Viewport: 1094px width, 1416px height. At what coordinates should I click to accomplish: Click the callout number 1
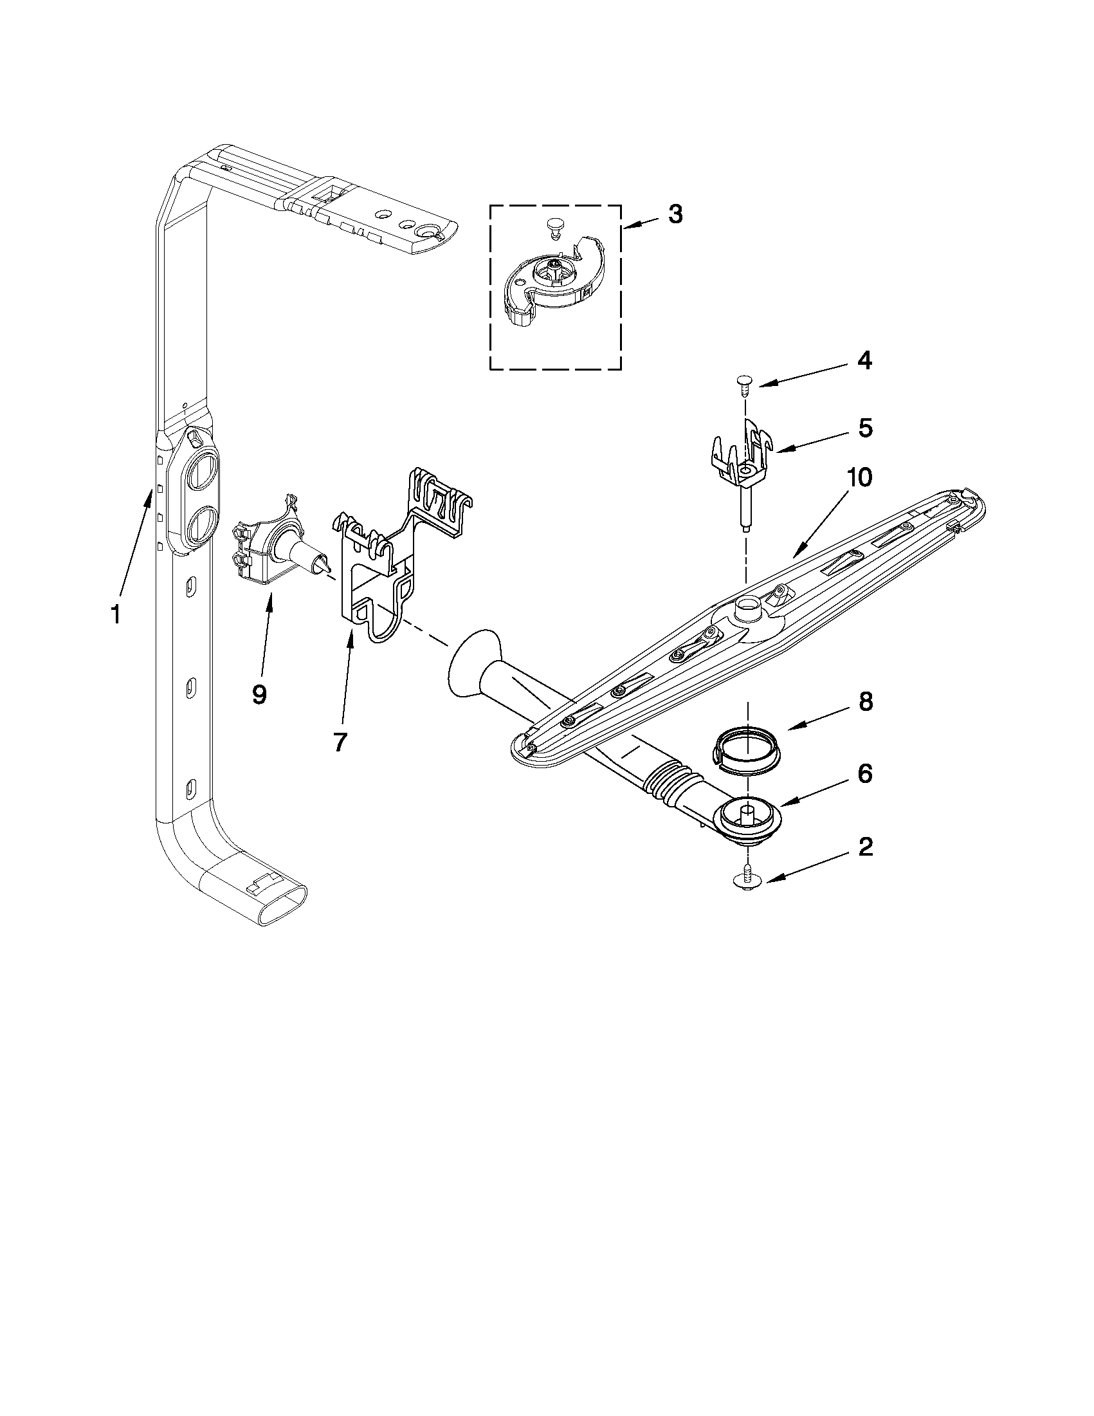pos(115,613)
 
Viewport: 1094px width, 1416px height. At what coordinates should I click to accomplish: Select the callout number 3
pos(675,215)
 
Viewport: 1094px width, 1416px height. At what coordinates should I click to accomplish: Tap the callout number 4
pos(864,361)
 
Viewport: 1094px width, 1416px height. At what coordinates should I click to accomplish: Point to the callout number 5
pos(865,428)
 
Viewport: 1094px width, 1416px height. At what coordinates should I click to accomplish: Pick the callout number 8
pos(866,702)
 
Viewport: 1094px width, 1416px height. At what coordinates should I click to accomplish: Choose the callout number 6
pos(865,773)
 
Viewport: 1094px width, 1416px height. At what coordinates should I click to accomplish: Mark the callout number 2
pos(865,847)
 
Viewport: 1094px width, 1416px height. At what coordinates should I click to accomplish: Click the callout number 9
pos(259,695)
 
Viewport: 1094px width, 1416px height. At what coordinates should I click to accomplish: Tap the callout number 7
pos(340,741)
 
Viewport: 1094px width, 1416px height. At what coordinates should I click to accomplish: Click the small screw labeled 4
pos(745,387)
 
